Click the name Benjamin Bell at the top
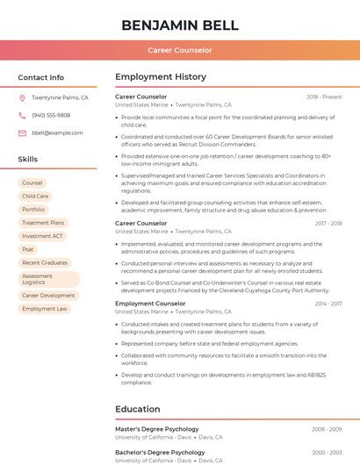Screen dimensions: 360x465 [x=179, y=24]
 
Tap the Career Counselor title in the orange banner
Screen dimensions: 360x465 [x=179, y=50]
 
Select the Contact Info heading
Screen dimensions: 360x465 [x=40, y=77]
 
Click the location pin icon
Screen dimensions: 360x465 [x=22, y=98]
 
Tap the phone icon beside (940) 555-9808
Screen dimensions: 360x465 [x=22, y=116]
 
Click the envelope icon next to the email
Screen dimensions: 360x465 [x=22, y=133]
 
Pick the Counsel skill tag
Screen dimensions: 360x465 [x=32, y=183]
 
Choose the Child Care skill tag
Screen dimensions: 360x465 [x=35, y=197]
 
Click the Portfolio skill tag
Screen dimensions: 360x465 [x=33, y=210]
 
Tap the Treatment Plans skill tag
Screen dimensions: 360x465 [x=43, y=223]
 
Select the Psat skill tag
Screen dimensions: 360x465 [x=28, y=249]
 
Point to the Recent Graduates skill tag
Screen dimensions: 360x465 [x=45, y=262]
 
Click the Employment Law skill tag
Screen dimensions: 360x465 [x=45, y=309]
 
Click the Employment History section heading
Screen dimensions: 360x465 [x=161, y=77]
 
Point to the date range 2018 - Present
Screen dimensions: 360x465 [x=324, y=97]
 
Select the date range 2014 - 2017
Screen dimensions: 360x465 [x=328, y=304]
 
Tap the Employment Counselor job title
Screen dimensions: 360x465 [x=150, y=304]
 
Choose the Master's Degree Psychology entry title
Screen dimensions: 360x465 [x=157, y=429]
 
